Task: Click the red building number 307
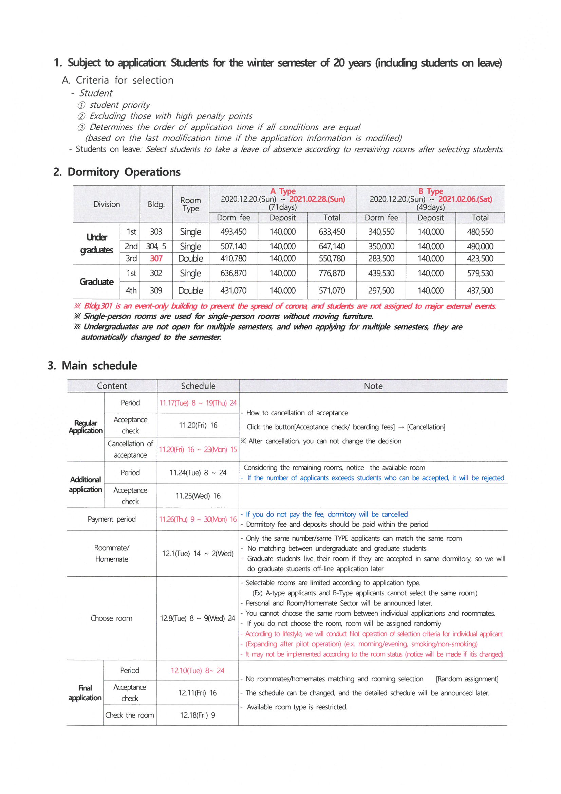click(x=156, y=258)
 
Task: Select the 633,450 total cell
click(x=332, y=232)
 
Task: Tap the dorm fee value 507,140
click(x=233, y=246)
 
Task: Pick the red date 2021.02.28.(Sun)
click(x=317, y=199)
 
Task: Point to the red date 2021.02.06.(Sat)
click(x=465, y=199)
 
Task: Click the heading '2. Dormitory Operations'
click(x=117, y=172)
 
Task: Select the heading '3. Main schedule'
click(x=92, y=365)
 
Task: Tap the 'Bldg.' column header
click(x=156, y=204)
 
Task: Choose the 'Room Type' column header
click(x=191, y=204)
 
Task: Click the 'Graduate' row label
click(x=96, y=282)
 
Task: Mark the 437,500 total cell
click(x=480, y=290)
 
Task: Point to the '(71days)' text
click(x=283, y=207)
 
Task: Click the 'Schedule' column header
click(x=198, y=386)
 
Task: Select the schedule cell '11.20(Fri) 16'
click(x=198, y=425)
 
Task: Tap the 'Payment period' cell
click(x=112, y=519)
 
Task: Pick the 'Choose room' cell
click(x=112, y=618)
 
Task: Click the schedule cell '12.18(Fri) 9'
click(x=198, y=715)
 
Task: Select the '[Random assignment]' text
click(x=467, y=679)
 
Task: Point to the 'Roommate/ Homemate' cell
click(x=112, y=553)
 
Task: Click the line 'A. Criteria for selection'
click(x=117, y=80)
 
